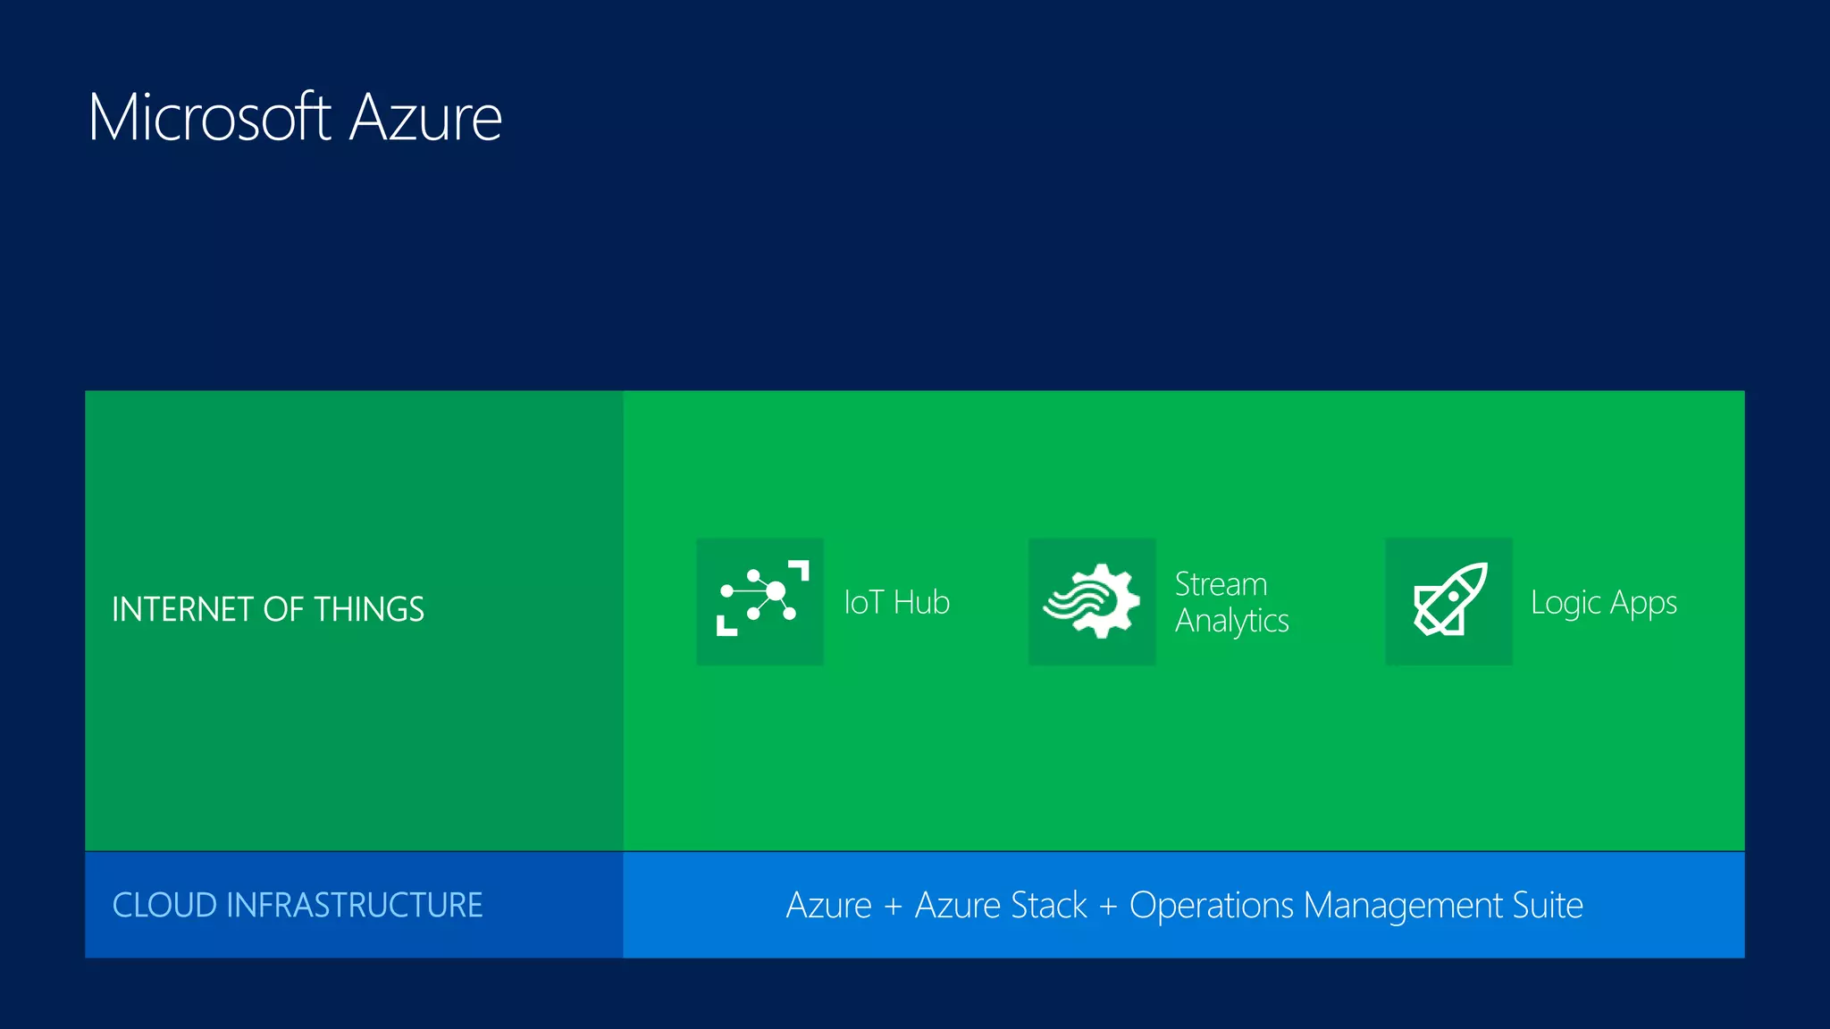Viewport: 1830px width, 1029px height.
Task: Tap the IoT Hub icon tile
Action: (x=760, y=601)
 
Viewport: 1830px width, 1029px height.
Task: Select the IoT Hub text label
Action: (x=896, y=603)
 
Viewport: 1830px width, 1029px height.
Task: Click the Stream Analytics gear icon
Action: (x=1092, y=601)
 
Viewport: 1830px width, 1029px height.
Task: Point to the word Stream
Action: (x=1221, y=584)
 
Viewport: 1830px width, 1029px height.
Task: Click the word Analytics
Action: (x=1231, y=621)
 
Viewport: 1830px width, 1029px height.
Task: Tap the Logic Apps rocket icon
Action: (x=1448, y=601)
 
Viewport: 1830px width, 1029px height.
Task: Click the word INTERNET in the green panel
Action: (x=183, y=609)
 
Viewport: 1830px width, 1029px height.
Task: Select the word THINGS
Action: (x=369, y=609)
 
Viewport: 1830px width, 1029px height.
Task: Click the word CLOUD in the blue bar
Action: (x=164, y=905)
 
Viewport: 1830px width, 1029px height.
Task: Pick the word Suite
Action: (x=1548, y=906)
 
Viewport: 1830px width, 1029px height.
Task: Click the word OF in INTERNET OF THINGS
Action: (x=284, y=609)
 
